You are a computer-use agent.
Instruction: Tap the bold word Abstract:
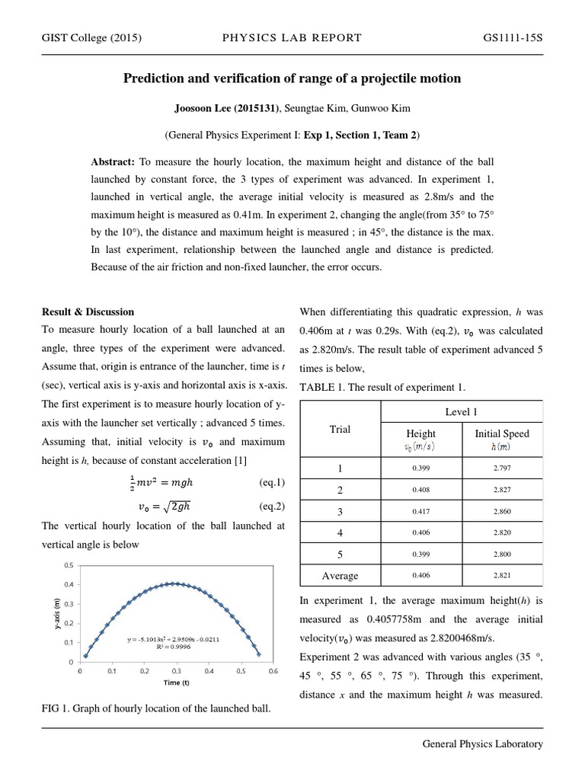click(x=113, y=162)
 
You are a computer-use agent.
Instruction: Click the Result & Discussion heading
click(x=88, y=312)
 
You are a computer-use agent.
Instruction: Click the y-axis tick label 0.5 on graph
click(x=69, y=565)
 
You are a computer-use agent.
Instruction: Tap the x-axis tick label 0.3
click(x=177, y=672)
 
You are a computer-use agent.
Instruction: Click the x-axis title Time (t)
click(x=177, y=683)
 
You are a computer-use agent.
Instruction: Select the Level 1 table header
click(x=462, y=412)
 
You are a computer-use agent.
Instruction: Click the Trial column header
click(x=340, y=430)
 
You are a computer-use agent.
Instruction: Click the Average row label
click(x=340, y=575)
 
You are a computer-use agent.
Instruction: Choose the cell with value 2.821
click(x=502, y=575)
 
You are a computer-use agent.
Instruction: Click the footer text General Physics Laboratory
click(x=483, y=744)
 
